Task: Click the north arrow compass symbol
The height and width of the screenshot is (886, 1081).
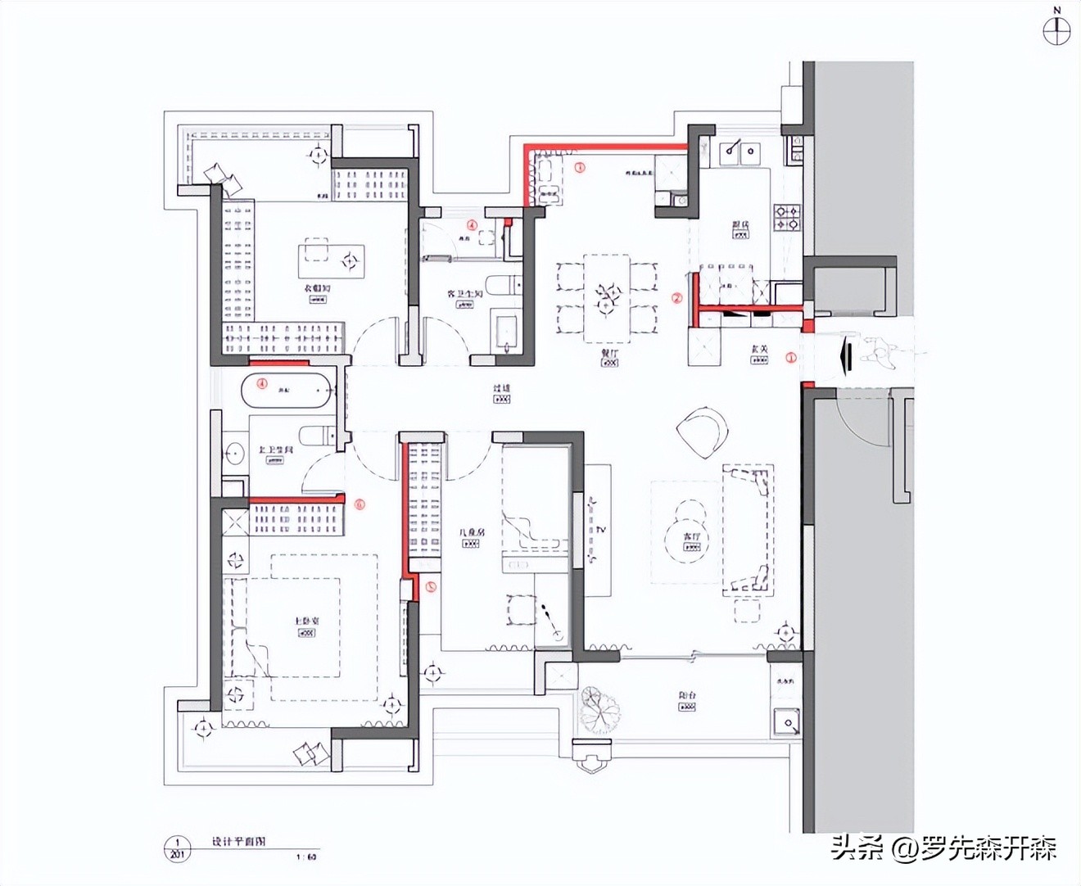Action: click(x=1056, y=30)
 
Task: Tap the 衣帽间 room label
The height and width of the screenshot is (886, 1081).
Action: click(x=317, y=288)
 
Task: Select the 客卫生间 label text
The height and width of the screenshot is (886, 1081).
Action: click(x=464, y=293)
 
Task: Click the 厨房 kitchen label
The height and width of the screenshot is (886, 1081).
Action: click(x=740, y=224)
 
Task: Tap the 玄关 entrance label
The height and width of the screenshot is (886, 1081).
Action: click(x=760, y=350)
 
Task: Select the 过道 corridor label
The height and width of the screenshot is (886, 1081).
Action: click(x=501, y=388)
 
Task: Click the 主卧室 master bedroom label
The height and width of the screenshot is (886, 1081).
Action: click(x=307, y=622)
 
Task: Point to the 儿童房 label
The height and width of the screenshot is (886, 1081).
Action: click(x=471, y=532)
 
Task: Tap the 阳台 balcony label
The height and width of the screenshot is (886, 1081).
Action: click(x=687, y=696)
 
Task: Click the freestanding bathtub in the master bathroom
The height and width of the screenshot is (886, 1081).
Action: click(x=287, y=390)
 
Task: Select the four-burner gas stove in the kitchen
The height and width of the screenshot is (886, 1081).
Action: click(x=788, y=217)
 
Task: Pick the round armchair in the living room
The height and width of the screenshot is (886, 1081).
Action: click(x=703, y=432)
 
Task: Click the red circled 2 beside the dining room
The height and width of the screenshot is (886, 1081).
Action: click(x=676, y=298)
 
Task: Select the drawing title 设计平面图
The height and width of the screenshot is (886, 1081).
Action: click(x=238, y=842)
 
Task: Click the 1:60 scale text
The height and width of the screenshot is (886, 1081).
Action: click(x=305, y=857)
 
